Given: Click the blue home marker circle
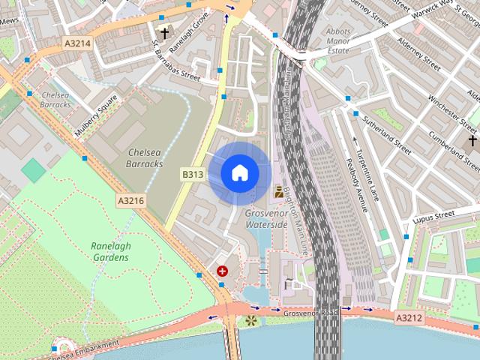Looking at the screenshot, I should click(239, 173).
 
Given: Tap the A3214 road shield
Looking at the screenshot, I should click(77, 43).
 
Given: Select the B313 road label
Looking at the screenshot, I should click(193, 174).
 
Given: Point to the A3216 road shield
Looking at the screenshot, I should click(130, 201).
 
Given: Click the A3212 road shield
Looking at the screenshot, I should click(409, 319).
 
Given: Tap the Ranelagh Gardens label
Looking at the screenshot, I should click(109, 251).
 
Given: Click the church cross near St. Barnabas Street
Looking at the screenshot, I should click(164, 34).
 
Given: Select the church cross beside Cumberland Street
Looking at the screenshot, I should click(473, 141).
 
